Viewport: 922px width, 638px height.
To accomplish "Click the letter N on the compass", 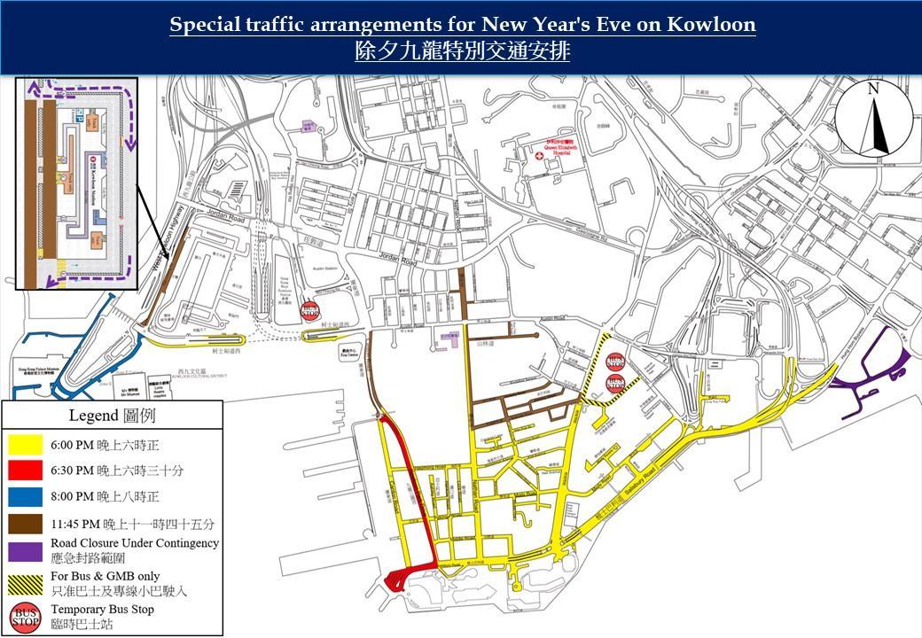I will (873, 89).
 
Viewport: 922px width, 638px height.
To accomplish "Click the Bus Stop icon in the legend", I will (27, 616).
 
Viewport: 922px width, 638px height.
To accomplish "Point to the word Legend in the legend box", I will (93, 416).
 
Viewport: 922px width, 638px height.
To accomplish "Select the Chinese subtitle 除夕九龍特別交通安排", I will (462, 51).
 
